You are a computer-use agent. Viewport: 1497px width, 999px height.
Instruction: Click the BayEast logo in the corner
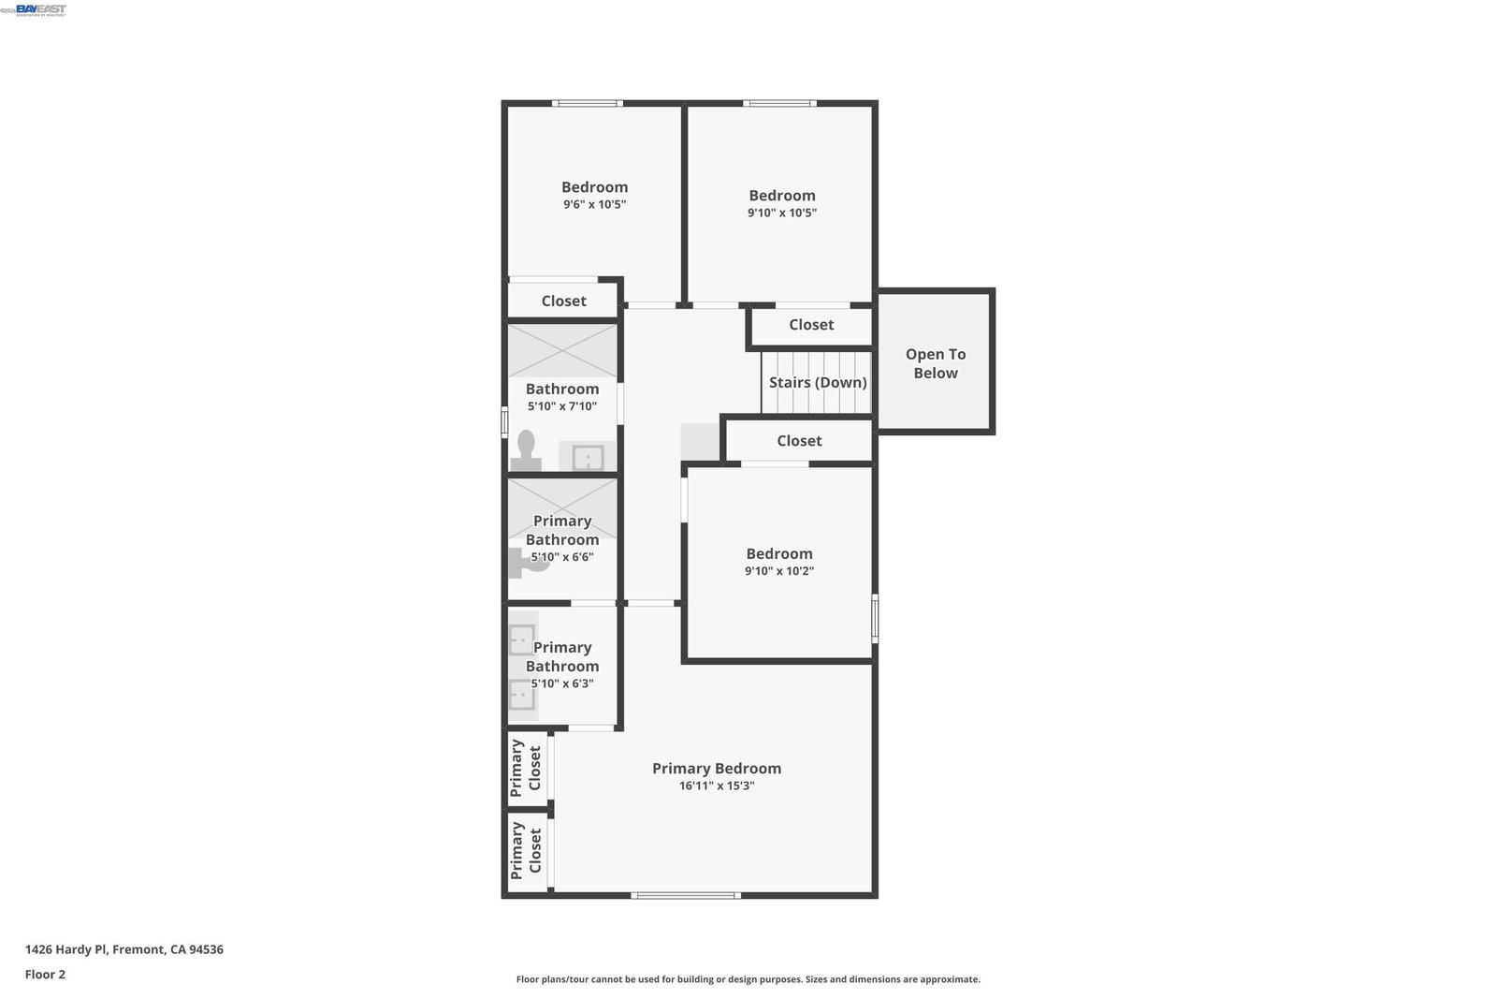41,9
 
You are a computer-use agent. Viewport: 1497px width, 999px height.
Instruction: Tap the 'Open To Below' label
935,363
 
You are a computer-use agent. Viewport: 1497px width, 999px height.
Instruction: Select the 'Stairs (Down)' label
818,382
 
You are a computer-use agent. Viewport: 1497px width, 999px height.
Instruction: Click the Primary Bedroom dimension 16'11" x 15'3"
717,786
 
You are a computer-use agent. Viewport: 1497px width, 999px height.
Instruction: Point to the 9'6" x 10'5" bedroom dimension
594,204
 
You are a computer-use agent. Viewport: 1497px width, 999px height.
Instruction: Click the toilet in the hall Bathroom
526,450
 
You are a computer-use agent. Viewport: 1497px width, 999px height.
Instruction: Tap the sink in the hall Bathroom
588,458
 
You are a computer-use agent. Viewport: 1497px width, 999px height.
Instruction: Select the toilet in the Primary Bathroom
528,563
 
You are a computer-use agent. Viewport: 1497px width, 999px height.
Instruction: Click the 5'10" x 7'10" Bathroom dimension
562,406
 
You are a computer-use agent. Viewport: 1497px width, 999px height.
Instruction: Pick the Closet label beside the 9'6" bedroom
563,301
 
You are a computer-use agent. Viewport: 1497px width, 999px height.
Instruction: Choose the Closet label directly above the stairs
811,324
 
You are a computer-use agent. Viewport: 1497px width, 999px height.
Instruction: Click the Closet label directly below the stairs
799,441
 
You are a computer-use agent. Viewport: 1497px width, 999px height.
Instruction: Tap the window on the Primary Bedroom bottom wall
686,895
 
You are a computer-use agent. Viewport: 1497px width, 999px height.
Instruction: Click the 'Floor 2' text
46,975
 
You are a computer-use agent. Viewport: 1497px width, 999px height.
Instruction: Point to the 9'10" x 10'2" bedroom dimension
779,570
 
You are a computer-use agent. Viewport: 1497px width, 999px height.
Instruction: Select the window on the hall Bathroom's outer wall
504,422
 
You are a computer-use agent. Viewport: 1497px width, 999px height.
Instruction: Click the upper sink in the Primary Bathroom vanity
522,639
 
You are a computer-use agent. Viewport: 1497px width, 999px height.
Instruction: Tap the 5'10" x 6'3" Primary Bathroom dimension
562,683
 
